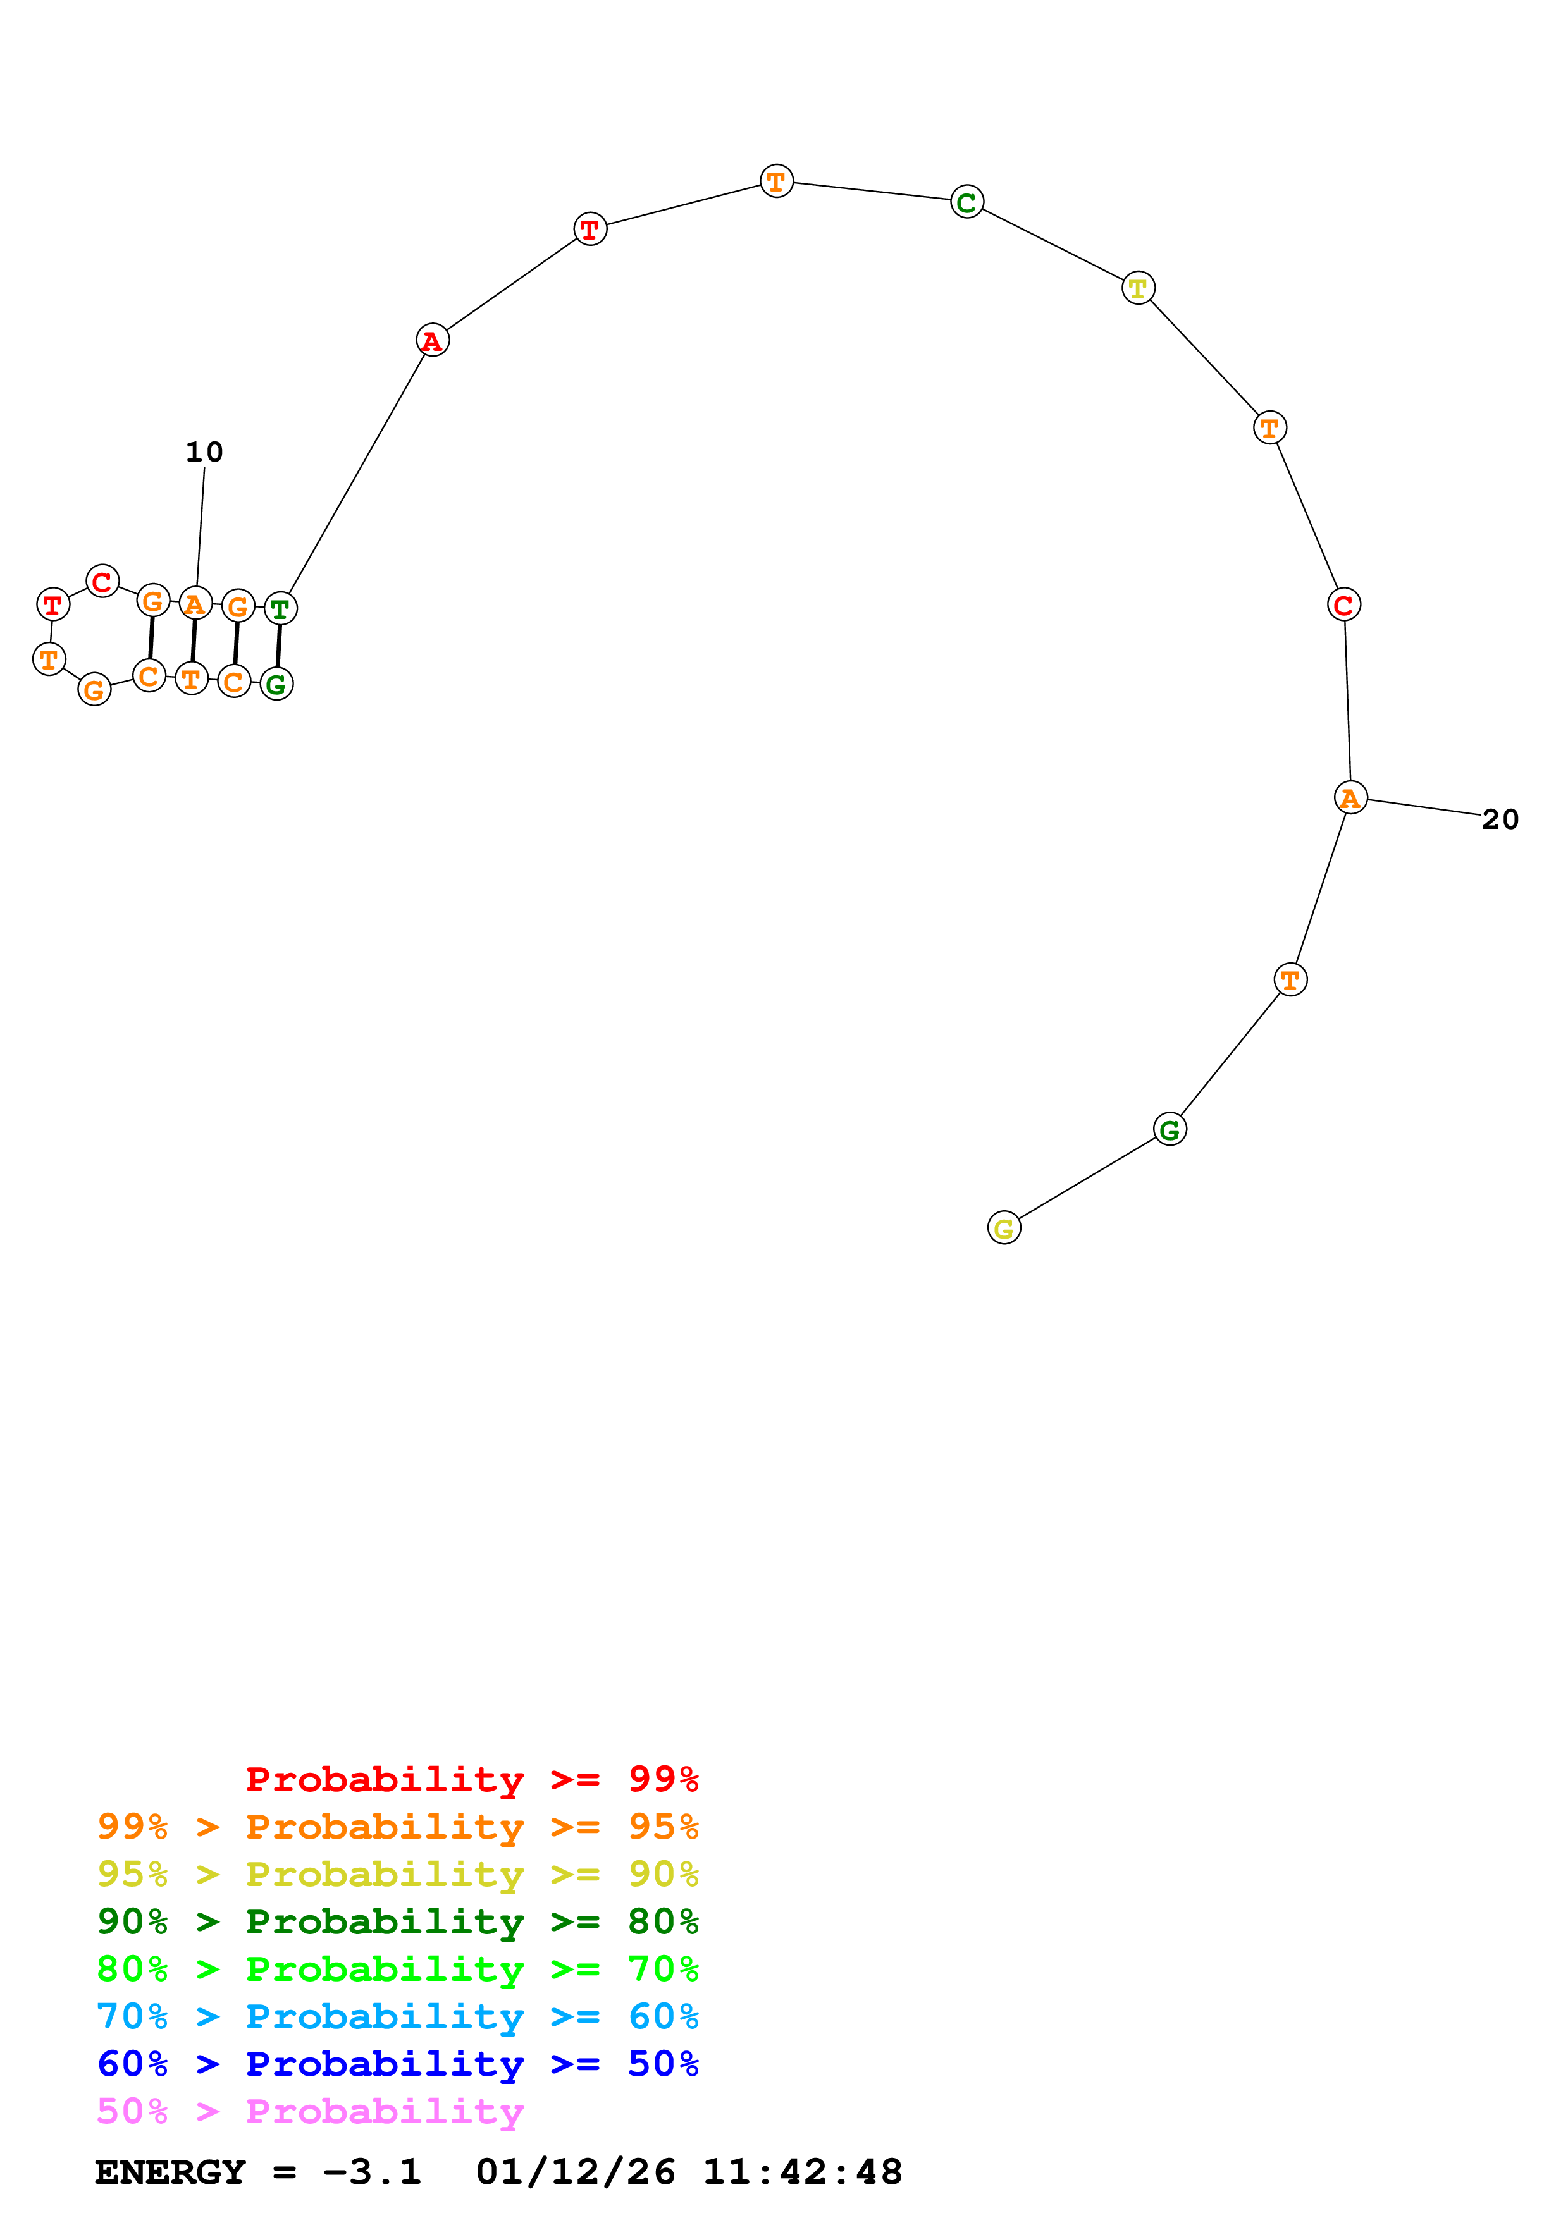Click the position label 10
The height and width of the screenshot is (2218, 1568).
pyautogui.click(x=204, y=452)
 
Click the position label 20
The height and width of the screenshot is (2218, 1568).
pyautogui.click(x=1500, y=819)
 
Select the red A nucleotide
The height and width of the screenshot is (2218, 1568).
pyautogui.click(x=433, y=340)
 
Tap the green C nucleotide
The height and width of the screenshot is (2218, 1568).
pyautogui.click(x=967, y=202)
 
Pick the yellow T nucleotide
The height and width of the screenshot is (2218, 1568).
pyautogui.click(x=1138, y=288)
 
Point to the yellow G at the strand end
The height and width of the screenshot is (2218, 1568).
pyautogui.click(x=1004, y=1228)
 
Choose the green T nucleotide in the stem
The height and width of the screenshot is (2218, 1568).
pyautogui.click(x=280, y=609)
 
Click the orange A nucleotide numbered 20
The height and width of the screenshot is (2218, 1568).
pyautogui.click(x=1350, y=798)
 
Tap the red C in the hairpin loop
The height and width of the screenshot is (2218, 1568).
pyautogui.click(x=102, y=582)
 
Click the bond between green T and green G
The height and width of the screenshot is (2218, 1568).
pyautogui.click(x=279, y=646)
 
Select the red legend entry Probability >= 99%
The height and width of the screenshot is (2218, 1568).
pyautogui.click(x=471, y=1779)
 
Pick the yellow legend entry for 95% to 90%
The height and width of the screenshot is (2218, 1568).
pyautogui.click(x=398, y=1874)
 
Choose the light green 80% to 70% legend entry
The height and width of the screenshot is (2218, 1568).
pyautogui.click(x=398, y=1969)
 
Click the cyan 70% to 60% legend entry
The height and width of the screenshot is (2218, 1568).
pyautogui.click(x=398, y=2016)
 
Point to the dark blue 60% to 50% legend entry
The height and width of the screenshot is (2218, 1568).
pyautogui.click(x=398, y=2064)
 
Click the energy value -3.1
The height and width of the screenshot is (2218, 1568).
pyautogui.click(x=372, y=2172)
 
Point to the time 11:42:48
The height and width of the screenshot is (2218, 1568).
pyautogui.click(x=802, y=2172)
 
